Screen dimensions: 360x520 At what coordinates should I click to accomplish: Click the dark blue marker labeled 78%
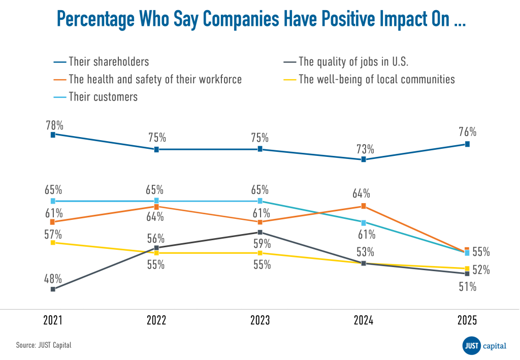tap(53, 134)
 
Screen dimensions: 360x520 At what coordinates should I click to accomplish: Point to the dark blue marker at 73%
tap(364, 159)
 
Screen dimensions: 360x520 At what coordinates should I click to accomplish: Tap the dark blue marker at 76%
tap(467, 144)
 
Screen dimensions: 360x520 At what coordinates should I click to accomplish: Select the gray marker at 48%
tap(53, 289)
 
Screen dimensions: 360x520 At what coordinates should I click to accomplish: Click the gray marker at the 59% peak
tap(260, 232)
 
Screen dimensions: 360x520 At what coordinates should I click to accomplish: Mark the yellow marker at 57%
tap(53, 243)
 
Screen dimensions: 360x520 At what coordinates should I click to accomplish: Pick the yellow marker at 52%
tap(467, 268)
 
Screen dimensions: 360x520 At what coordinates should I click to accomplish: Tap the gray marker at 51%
tap(467, 274)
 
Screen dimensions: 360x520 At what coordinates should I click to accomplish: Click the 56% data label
tap(155, 239)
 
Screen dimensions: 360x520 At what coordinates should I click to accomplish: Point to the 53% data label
tap(365, 252)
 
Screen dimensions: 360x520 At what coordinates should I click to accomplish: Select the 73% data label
tap(365, 149)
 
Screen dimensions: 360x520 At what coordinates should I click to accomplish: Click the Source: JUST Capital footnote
tap(44, 345)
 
